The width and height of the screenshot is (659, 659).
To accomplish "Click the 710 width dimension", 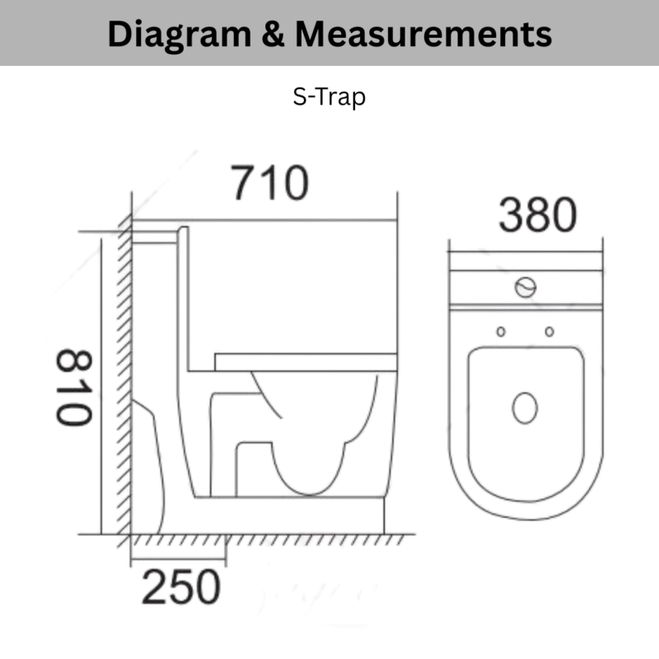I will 269,183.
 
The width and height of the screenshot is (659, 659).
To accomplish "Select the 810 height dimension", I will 73,387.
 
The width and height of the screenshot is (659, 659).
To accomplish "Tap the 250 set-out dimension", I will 181,587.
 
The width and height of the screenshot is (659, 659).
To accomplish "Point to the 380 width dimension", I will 537,216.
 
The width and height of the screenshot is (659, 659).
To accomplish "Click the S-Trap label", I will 329,97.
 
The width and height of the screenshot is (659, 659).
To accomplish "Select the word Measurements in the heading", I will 423,34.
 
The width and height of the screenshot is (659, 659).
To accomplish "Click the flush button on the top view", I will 525,287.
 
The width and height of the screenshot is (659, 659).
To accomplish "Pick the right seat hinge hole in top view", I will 549,331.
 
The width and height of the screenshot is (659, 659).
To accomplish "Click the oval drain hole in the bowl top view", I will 525,408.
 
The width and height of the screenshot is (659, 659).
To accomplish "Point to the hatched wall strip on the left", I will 124,371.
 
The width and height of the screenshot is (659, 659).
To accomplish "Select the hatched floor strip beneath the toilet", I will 264,540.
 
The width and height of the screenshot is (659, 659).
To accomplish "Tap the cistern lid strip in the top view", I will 525,262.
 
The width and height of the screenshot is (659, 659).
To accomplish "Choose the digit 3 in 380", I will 512,216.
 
